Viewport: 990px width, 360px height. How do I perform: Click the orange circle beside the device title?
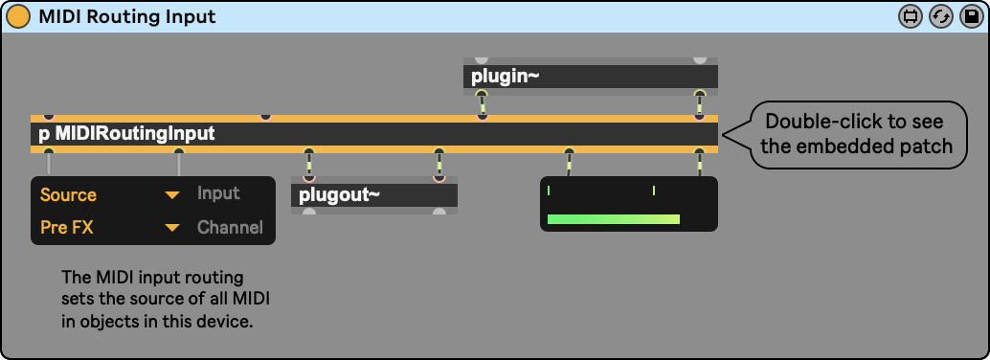[17, 16]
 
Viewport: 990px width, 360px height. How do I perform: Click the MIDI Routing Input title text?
[127, 16]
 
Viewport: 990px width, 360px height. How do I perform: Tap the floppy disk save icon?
[971, 16]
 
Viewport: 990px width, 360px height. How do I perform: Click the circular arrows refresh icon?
[940, 16]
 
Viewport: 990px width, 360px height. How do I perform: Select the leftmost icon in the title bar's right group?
[910, 16]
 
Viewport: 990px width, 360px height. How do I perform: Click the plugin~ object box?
[591, 77]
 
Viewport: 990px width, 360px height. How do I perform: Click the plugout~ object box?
[373, 195]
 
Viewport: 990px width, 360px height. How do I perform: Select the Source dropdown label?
[68, 194]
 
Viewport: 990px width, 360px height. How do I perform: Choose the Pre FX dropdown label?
[66, 227]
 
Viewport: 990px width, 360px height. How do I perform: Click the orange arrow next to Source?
[172, 195]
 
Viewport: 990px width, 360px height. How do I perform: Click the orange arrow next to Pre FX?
[172, 228]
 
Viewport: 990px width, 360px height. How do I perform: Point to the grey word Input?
[218, 193]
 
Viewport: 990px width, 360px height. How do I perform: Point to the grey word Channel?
[230, 227]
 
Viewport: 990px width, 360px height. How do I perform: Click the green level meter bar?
[613, 219]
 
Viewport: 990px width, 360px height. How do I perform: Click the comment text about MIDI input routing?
[166, 300]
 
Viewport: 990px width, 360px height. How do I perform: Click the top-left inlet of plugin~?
[481, 60]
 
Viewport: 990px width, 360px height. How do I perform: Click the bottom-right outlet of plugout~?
[439, 212]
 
